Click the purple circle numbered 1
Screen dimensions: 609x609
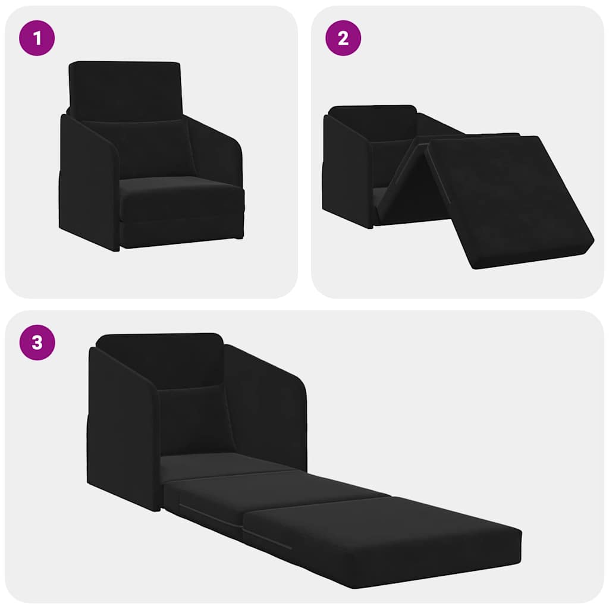tap(37, 39)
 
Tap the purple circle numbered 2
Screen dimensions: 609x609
tap(343, 39)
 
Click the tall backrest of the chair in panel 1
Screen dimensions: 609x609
tap(125, 89)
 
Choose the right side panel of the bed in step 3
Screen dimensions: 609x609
tap(268, 404)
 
